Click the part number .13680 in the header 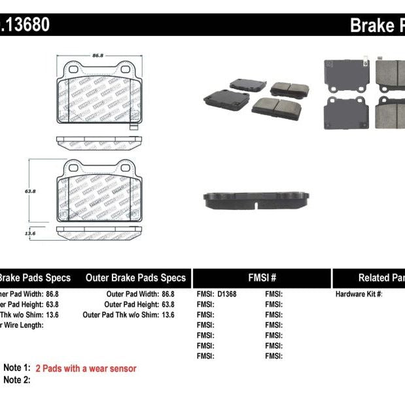24,25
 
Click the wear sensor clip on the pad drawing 133,125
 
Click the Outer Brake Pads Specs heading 135,277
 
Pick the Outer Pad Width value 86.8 167,294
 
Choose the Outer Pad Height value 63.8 167,304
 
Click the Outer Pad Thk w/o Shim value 167,315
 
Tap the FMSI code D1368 226,294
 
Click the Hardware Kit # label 359,294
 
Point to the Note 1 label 17,368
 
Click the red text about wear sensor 86,369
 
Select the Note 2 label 17,379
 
